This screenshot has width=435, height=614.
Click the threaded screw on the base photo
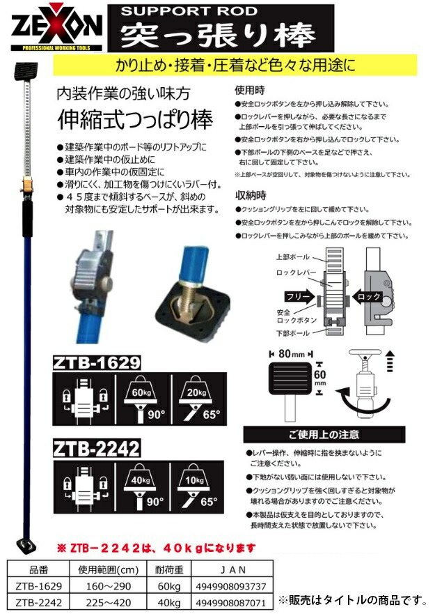click(x=188, y=293)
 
